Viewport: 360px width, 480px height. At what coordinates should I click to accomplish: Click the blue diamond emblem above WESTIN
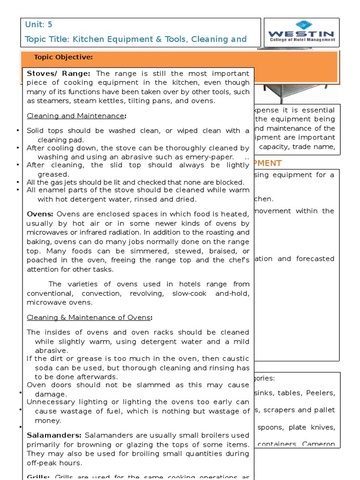[300, 25]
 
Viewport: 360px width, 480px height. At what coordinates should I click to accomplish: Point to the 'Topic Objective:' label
[63, 57]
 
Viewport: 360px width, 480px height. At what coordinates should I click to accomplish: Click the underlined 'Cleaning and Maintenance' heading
[75, 116]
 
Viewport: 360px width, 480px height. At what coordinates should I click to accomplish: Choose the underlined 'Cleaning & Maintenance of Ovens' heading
[89, 317]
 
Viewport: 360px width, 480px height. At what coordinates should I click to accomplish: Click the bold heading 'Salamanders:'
[54, 435]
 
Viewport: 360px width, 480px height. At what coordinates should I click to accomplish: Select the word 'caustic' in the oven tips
[233, 359]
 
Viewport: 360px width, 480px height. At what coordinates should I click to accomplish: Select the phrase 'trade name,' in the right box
[318, 147]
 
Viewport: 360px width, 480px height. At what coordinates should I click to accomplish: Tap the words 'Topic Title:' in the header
[47, 39]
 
